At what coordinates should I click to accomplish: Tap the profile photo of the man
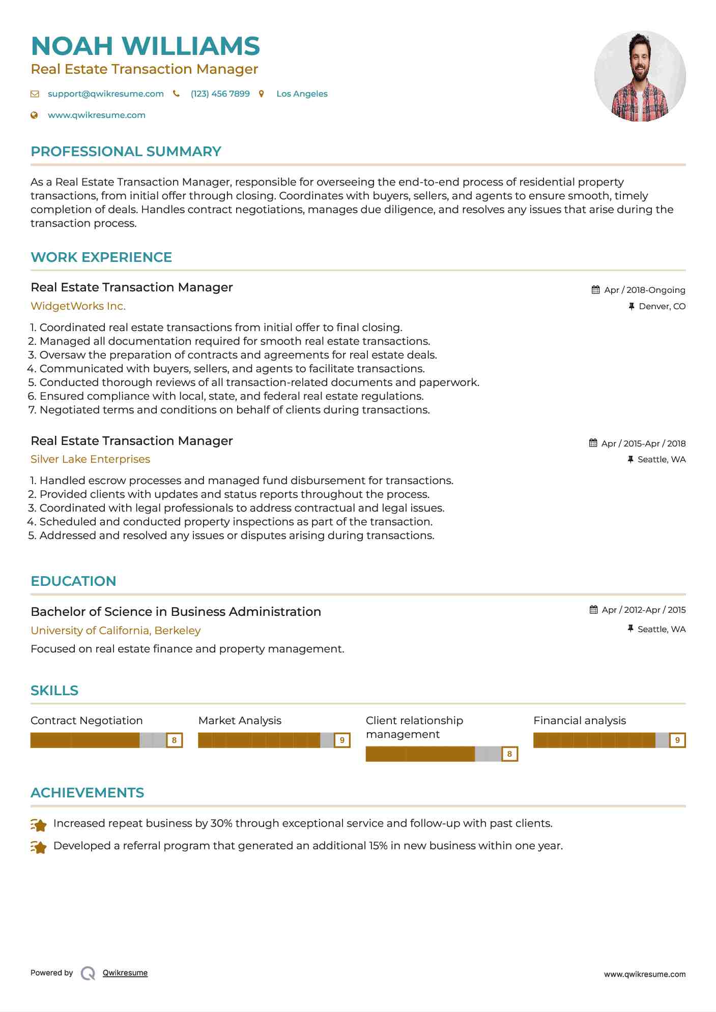[640, 76]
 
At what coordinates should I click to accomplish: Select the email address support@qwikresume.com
[105, 94]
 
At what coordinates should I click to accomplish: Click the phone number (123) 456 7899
[220, 94]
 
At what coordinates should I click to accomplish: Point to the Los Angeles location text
[302, 94]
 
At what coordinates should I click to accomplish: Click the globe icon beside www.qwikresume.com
[35, 115]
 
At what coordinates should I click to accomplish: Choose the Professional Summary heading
[126, 152]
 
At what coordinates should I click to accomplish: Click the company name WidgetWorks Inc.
[78, 306]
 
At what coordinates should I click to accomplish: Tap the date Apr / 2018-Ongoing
[644, 290]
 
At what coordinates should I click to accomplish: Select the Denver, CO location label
[662, 307]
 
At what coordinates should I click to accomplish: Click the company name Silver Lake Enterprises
[90, 459]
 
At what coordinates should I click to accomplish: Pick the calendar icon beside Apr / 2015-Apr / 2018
[593, 443]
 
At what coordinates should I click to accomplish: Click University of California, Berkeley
[116, 631]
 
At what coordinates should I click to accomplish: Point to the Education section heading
[73, 581]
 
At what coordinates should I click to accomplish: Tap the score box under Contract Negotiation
[174, 740]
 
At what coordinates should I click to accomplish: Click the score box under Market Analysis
[342, 740]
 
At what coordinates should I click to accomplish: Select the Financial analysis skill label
[580, 721]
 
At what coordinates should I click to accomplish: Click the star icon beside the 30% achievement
[39, 824]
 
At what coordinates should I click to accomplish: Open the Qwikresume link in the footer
[125, 973]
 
